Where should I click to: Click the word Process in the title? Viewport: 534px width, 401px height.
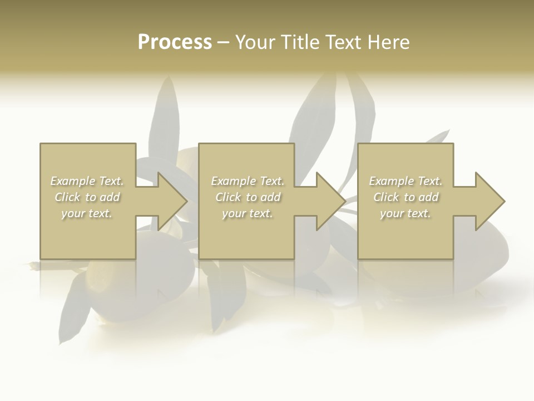pyautogui.click(x=175, y=42)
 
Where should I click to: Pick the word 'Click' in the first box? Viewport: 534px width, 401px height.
pyautogui.click(x=67, y=197)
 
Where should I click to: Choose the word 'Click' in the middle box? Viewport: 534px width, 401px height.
pyautogui.click(x=228, y=197)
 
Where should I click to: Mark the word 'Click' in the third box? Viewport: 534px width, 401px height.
pyautogui.click(x=386, y=197)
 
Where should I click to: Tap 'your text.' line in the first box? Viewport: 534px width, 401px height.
pyautogui.click(x=87, y=213)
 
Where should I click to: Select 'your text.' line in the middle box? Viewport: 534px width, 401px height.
pyautogui.click(x=248, y=213)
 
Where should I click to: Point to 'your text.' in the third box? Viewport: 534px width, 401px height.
pyautogui.click(x=406, y=213)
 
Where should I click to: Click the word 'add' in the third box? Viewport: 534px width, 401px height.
pyautogui.click(x=428, y=197)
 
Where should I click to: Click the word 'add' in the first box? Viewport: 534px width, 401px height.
pyautogui.click(x=110, y=197)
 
